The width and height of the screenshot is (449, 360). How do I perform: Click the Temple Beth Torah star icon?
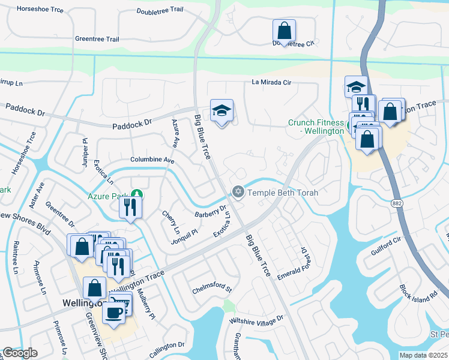pos(238,192)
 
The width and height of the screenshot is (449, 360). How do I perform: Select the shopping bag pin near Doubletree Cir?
pos(284,31)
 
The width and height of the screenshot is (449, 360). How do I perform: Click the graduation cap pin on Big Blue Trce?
pos(221,111)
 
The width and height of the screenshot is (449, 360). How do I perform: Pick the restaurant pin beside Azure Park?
pos(130,208)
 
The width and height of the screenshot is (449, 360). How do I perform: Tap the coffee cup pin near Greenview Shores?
pos(114,311)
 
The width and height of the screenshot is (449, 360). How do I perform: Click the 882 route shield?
pos(397,204)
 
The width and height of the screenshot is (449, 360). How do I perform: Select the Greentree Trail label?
pos(97,39)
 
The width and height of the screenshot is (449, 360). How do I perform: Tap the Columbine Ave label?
pos(152,161)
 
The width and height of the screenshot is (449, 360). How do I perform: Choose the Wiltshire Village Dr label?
pos(256,320)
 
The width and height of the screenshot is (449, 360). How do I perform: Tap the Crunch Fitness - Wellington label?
pos(316,127)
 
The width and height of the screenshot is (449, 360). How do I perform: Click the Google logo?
pos(20,353)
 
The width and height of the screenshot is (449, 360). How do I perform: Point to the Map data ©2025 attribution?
pos(424,355)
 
